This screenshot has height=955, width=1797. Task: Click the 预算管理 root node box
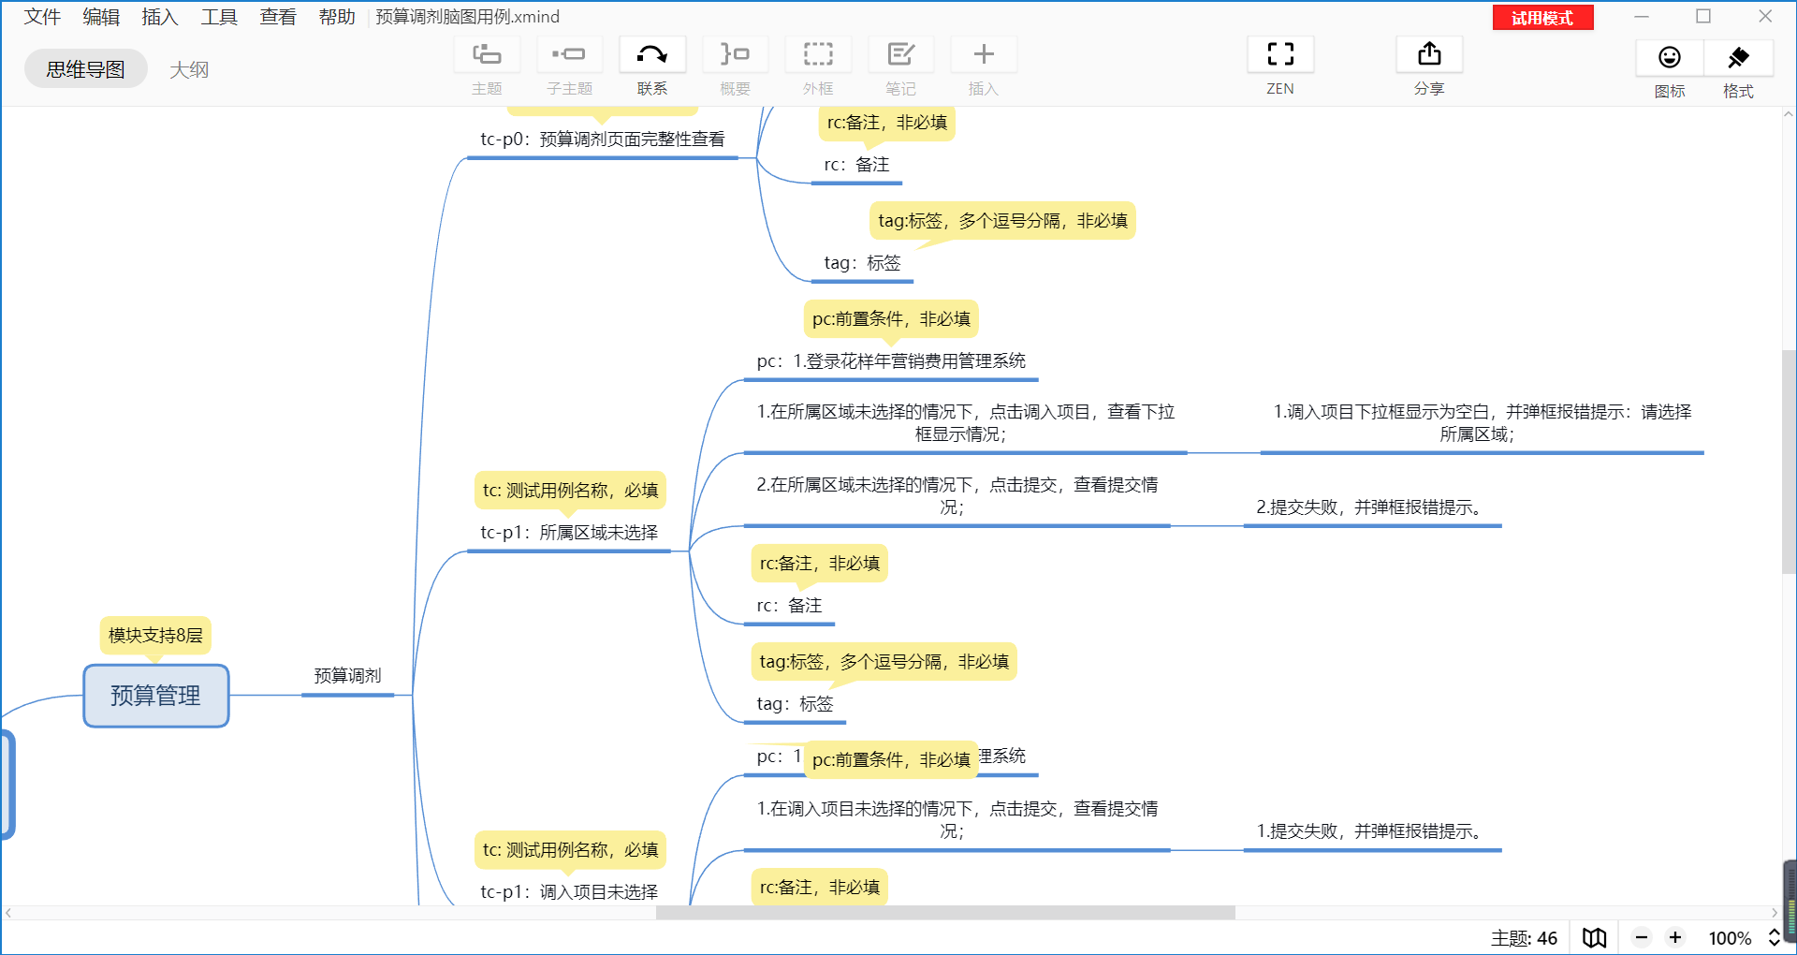tap(155, 696)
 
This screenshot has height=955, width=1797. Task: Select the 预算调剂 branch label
tap(347, 676)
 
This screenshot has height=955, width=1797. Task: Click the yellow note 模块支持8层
tap(155, 636)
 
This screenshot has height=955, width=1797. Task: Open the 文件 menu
tap(42, 17)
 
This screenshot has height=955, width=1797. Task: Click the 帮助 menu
tap(337, 17)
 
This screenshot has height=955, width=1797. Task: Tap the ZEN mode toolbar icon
tap(1279, 54)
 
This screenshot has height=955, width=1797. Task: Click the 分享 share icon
tap(1428, 54)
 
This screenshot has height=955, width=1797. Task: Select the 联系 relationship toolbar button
tap(652, 54)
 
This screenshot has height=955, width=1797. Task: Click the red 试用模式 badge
tap(1542, 18)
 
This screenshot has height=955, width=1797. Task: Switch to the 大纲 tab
tap(189, 69)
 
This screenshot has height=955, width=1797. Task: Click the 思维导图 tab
tap(85, 69)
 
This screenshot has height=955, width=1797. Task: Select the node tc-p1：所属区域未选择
tap(569, 533)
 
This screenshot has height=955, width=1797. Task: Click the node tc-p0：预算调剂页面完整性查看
tap(602, 140)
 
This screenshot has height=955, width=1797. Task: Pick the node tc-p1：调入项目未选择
tap(569, 892)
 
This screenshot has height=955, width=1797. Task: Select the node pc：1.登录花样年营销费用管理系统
tap(891, 361)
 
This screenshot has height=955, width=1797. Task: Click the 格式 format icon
tap(1738, 58)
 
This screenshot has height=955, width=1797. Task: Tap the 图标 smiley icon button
tap(1669, 58)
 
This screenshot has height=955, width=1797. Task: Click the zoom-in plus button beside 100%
tap(1675, 937)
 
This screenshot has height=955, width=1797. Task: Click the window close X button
tap(1765, 17)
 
